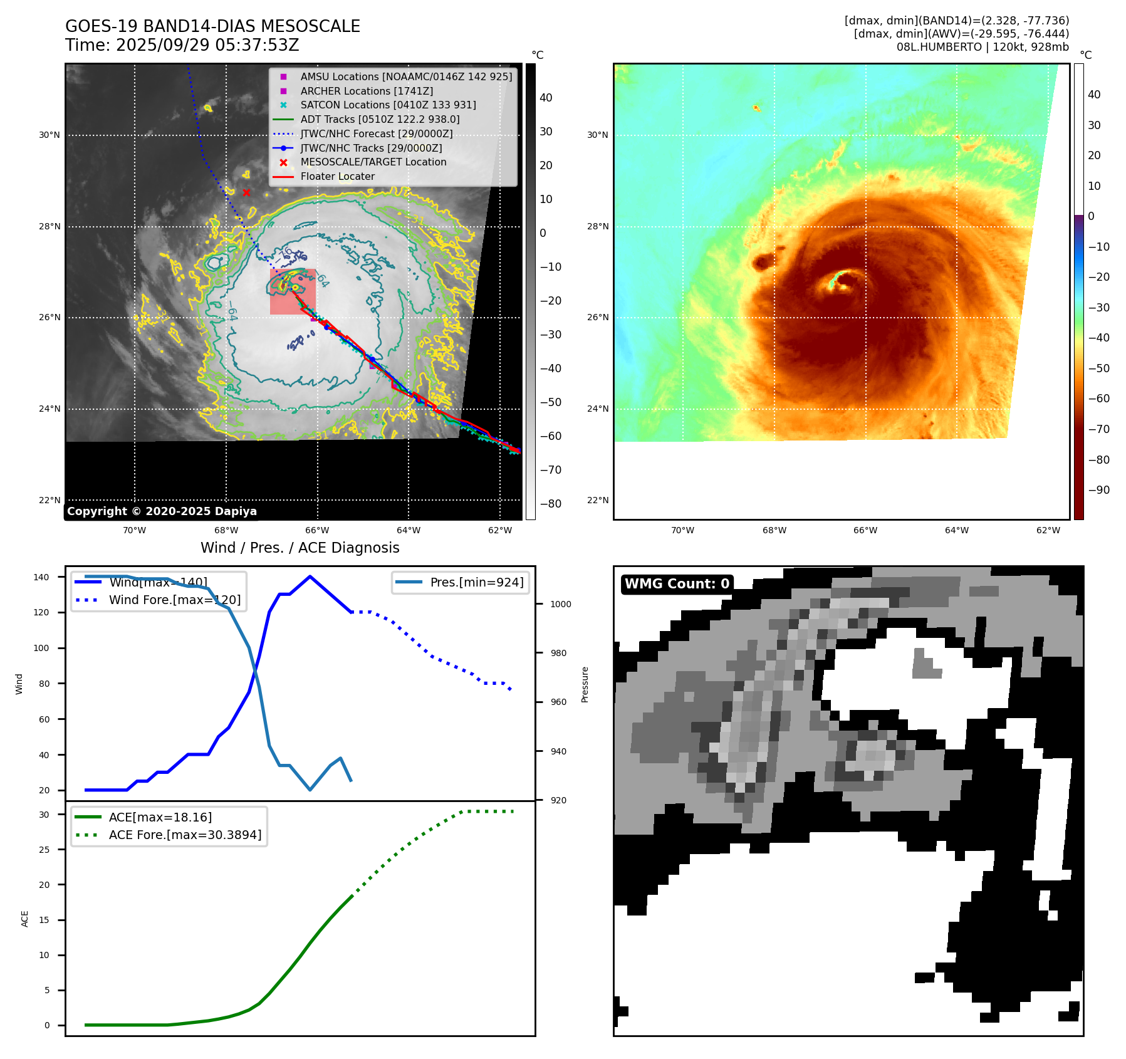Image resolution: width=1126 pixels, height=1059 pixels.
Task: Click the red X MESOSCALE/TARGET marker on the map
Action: point(246,192)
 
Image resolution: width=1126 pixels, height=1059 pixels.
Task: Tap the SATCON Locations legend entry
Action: point(388,105)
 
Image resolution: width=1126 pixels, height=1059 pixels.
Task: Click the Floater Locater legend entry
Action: point(337,176)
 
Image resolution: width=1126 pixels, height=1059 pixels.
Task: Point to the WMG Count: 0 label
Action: point(677,583)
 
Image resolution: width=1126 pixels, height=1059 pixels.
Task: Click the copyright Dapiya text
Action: point(162,511)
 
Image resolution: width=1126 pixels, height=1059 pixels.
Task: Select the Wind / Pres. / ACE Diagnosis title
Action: point(300,548)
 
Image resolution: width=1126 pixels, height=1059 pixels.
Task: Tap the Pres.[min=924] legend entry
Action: point(476,582)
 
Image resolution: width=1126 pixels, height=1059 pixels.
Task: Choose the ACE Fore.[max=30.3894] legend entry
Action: point(185,835)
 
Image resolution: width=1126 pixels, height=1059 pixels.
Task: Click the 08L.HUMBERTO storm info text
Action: point(982,47)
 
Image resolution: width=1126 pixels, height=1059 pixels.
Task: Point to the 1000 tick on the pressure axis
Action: point(560,604)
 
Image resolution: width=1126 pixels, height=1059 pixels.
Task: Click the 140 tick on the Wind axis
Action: point(41,577)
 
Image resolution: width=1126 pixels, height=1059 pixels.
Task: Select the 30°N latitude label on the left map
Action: point(50,135)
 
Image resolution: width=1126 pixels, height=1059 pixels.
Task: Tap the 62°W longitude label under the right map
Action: point(1048,530)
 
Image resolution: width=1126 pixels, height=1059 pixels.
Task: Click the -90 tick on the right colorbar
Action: point(1098,490)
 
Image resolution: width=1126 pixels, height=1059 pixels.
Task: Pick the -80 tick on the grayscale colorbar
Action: point(551,504)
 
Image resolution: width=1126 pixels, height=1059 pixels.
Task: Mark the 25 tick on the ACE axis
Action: point(44,850)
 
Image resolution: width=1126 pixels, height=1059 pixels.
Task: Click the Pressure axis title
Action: point(585,684)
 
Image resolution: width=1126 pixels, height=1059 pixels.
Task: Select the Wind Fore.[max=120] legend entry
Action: point(174,600)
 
